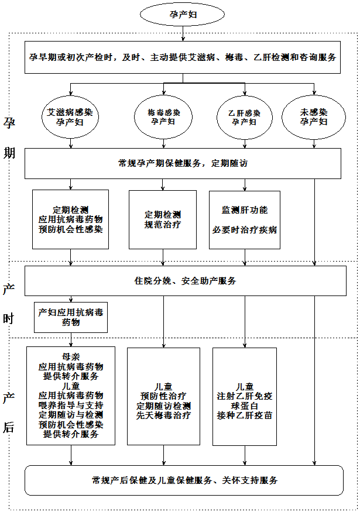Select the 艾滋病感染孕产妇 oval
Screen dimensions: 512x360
point(70,117)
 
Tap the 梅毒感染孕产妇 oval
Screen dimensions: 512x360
point(163,117)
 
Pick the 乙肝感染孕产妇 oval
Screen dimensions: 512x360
point(244,117)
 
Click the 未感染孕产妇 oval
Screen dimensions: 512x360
point(314,117)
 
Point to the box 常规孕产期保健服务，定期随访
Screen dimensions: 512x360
point(183,163)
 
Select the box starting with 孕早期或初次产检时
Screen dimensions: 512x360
point(183,57)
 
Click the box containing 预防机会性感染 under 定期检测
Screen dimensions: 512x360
point(70,219)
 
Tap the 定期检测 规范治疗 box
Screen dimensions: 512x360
point(163,219)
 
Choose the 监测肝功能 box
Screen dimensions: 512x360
point(244,219)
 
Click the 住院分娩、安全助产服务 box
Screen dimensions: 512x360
point(183,281)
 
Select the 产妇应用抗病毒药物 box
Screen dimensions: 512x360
point(71,317)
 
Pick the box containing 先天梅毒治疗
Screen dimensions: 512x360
point(163,396)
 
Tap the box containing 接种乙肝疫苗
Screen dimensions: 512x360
point(244,396)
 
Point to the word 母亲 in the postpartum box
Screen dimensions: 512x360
point(71,357)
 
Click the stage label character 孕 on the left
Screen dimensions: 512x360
point(9,122)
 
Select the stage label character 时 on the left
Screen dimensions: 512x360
point(9,319)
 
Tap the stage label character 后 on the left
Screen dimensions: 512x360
point(9,427)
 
